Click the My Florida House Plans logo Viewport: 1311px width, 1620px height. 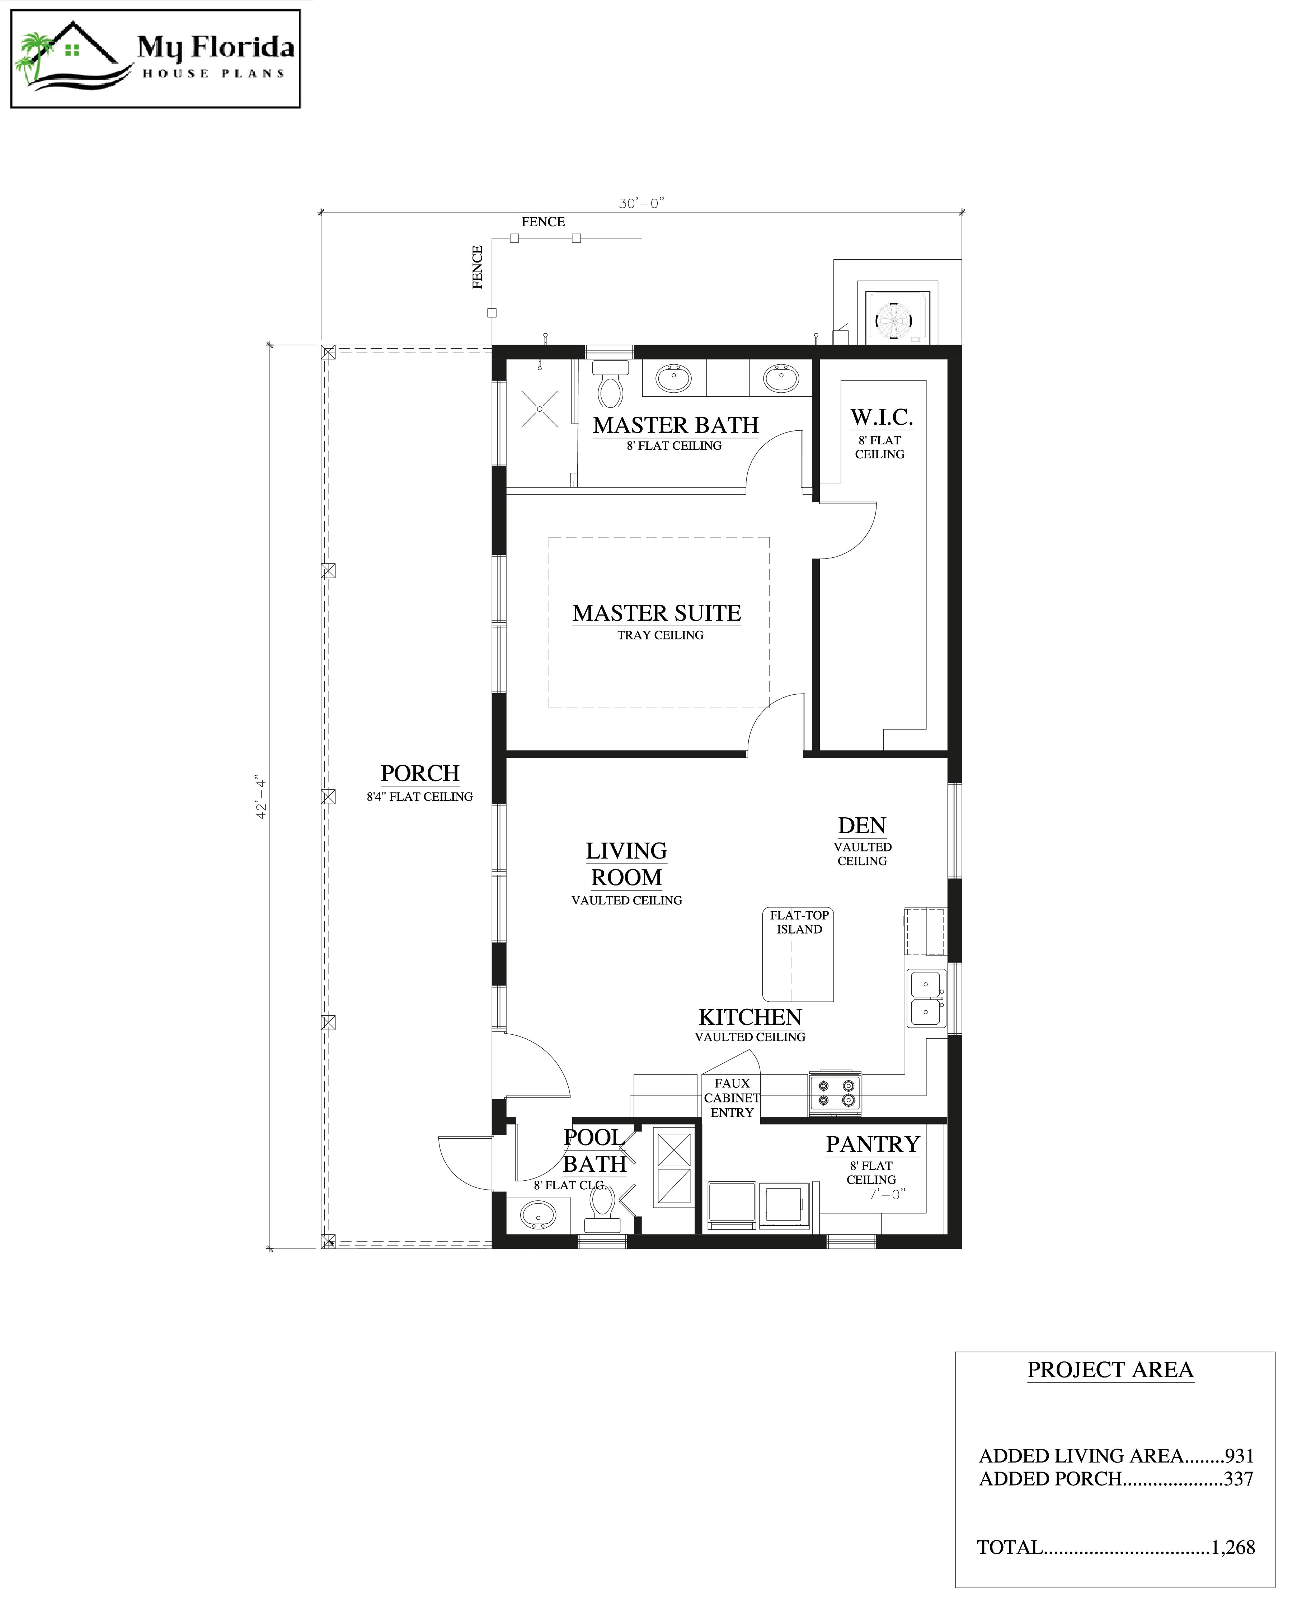point(156,59)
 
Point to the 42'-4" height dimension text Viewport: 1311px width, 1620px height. point(261,797)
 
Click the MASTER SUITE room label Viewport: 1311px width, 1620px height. point(656,613)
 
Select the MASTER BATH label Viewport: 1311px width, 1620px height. point(675,426)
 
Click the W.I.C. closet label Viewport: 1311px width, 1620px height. point(881,417)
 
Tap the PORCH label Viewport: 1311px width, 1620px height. point(420,774)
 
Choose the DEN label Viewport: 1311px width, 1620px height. point(862,826)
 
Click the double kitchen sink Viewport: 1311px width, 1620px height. point(926,998)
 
